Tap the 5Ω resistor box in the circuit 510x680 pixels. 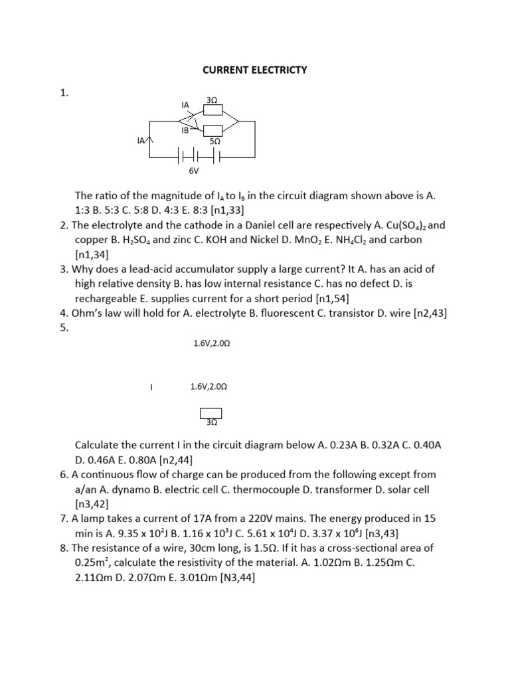tap(212, 130)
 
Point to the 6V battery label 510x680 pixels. tap(194, 171)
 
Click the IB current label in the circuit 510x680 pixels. tap(185, 131)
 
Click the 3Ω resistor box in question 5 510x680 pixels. tap(211, 416)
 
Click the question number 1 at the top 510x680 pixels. tap(64, 94)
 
